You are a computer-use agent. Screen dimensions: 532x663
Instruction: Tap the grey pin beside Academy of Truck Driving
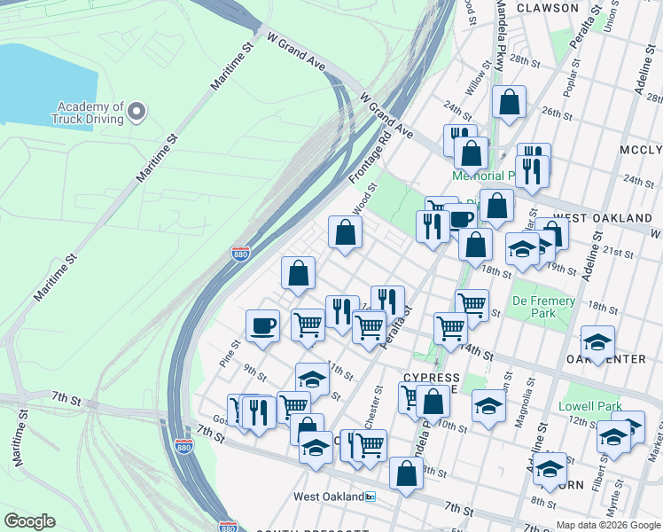click(x=136, y=112)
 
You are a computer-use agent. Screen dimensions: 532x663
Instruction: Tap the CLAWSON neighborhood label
click(x=547, y=8)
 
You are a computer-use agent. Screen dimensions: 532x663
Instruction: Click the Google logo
click(x=28, y=521)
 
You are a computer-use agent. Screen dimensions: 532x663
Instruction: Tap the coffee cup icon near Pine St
click(x=262, y=326)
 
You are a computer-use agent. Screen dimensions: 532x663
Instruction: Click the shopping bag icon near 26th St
click(x=510, y=103)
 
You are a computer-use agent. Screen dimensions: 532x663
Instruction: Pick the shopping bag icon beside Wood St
click(x=345, y=233)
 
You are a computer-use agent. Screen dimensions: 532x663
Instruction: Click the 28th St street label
click(x=524, y=61)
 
